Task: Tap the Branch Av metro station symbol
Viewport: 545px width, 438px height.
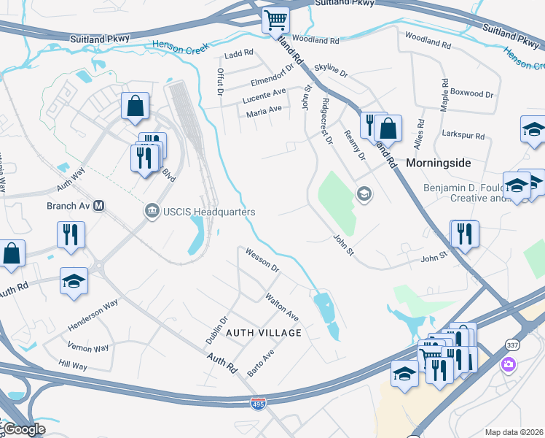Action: point(99,206)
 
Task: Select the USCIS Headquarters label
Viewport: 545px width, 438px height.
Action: point(204,212)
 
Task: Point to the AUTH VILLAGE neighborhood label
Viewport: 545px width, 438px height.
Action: point(264,333)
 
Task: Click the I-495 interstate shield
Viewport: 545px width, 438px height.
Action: point(258,403)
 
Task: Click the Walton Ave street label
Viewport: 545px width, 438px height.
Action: point(282,308)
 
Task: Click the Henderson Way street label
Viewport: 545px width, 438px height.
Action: point(93,315)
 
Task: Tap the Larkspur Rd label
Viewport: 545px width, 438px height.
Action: point(463,136)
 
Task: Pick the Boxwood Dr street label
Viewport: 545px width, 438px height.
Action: point(471,93)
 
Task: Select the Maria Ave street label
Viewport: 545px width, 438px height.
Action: point(264,109)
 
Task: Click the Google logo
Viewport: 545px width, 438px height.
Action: point(24,429)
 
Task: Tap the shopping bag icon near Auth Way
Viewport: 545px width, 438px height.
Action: point(136,105)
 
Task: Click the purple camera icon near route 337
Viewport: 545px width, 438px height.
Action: point(508,364)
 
